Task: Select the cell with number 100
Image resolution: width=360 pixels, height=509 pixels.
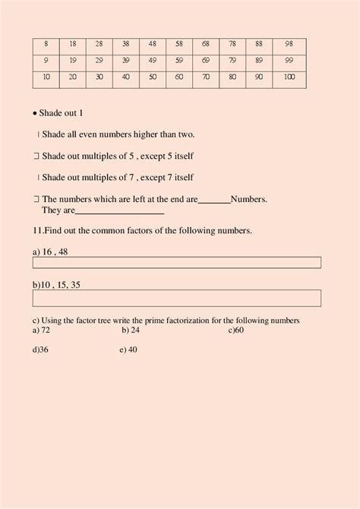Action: pyautogui.click(x=289, y=77)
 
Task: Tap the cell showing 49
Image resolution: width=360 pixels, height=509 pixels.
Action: pyautogui.click(x=152, y=60)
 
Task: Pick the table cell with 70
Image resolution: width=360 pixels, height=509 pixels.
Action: pyautogui.click(x=205, y=77)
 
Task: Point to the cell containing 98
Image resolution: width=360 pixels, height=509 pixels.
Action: pyautogui.click(x=289, y=43)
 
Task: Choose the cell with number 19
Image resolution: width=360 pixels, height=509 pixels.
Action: pyautogui.click(x=73, y=60)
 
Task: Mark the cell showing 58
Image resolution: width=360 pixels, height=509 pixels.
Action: pyautogui.click(x=178, y=43)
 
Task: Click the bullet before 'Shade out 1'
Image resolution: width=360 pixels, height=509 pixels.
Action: pyautogui.click(x=36, y=113)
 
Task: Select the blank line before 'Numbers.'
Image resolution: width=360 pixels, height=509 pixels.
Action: pyautogui.click(x=214, y=201)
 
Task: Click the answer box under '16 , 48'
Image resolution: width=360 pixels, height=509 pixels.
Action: pyautogui.click(x=176, y=263)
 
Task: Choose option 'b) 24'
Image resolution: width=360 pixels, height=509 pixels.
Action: pyautogui.click(x=130, y=330)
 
